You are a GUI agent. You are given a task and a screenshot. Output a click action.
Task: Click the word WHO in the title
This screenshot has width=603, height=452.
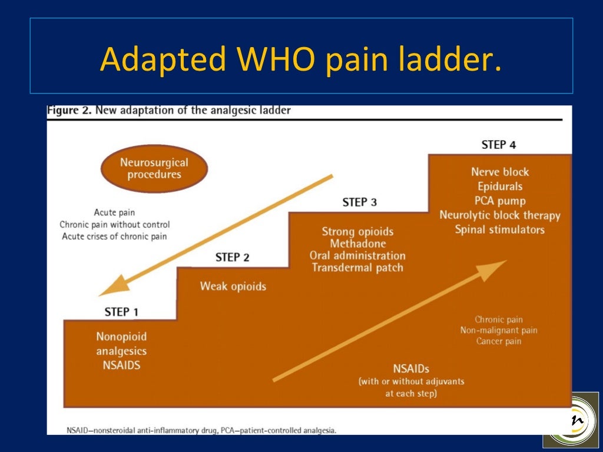pyautogui.click(x=273, y=59)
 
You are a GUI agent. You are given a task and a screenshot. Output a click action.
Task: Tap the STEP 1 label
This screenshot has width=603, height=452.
pyautogui.click(x=121, y=311)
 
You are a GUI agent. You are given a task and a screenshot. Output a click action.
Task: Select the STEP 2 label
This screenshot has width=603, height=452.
pyautogui.click(x=232, y=257)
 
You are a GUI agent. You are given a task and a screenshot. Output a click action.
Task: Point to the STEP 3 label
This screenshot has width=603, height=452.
pyautogui.click(x=359, y=202)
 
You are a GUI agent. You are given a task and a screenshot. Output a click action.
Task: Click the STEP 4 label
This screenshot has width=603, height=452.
pyautogui.click(x=498, y=145)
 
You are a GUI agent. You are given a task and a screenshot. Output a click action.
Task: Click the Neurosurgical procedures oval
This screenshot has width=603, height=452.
pyautogui.click(x=154, y=168)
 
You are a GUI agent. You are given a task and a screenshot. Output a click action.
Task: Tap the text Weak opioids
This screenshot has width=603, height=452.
pyautogui.click(x=233, y=287)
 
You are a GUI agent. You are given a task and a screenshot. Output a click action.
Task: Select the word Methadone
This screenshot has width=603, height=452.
pyautogui.click(x=357, y=244)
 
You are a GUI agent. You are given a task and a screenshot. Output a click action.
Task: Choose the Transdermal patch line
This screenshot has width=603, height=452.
pyautogui.click(x=357, y=268)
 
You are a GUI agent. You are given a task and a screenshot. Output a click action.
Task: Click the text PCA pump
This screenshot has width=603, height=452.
pyautogui.click(x=500, y=201)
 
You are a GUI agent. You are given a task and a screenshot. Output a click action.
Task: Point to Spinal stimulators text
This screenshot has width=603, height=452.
pyautogui.click(x=500, y=230)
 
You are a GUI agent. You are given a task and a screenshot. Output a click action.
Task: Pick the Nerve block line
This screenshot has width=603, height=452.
pyautogui.click(x=500, y=172)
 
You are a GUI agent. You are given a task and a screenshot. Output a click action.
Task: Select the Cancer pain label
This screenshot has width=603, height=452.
pyautogui.click(x=499, y=341)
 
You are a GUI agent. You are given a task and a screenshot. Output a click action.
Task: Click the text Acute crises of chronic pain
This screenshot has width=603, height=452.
pyautogui.click(x=114, y=237)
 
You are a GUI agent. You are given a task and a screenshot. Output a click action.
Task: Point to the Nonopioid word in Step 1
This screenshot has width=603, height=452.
pyautogui.click(x=121, y=337)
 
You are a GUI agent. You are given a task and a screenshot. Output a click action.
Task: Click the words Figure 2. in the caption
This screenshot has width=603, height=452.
pyautogui.click(x=69, y=110)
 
